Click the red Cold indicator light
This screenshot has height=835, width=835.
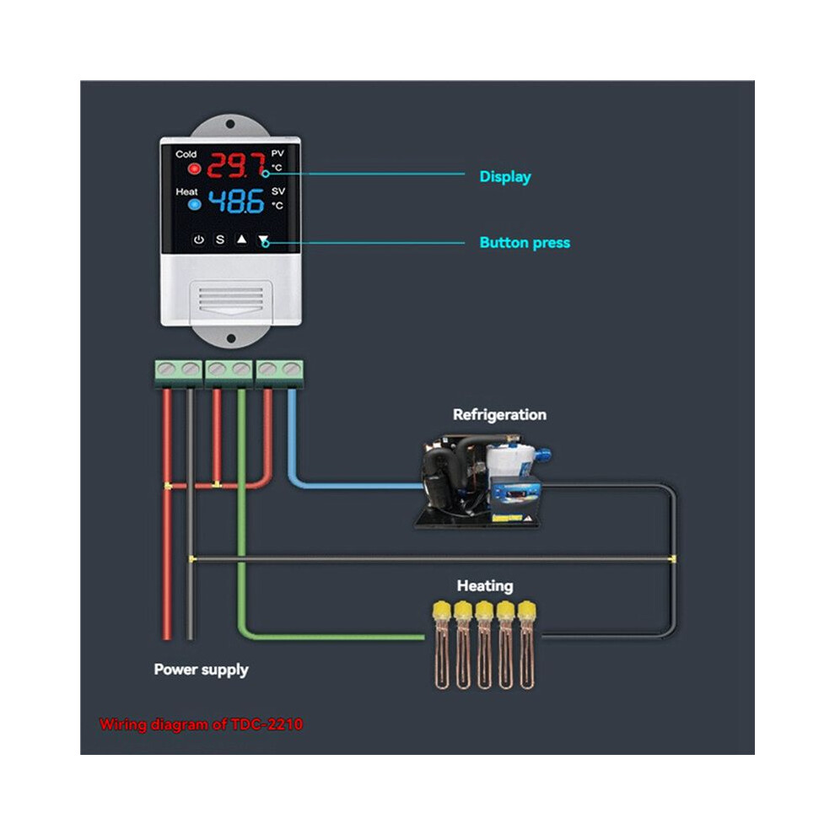(x=194, y=169)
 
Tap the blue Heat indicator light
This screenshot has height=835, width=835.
(x=194, y=204)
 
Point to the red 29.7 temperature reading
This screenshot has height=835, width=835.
(x=237, y=165)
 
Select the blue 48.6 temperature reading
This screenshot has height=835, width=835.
(x=236, y=202)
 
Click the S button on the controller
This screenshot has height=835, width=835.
(x=220, y=240)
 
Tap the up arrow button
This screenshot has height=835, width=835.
(x=242, y=239)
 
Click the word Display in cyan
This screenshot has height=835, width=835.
(x=505, y=177)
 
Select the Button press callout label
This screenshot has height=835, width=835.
(x=525, y=243)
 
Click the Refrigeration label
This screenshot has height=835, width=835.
(x=499, y=414)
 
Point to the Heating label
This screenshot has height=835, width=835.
(x=485, y=586)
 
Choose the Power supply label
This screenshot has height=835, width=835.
(x=201, y=670)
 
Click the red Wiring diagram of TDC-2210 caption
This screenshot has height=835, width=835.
(x=201, y=725)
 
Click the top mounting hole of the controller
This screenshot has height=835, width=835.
(x=230, y=124)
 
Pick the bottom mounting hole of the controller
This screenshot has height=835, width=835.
(x=231, y=339)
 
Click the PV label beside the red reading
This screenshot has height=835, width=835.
(x=277, y=154)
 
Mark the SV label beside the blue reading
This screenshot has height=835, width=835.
(x=278, y=191)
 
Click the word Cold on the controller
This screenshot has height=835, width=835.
(x=186, y=154)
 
